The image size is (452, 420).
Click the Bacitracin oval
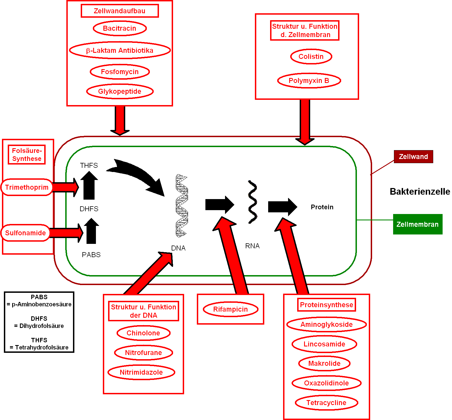[120, 28]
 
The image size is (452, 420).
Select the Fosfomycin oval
[120, 72]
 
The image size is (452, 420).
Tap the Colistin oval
[311, 56]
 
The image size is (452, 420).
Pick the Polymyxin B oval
[309, 80]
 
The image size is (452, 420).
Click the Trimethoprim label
[27, 187]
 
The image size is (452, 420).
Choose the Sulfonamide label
[25, 233]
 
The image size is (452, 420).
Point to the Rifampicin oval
[231, 309]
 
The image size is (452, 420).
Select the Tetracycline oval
[326, 403]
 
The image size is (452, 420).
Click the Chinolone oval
[143, 333]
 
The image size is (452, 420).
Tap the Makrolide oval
[324, 363]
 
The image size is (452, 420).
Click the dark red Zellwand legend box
[413, 157]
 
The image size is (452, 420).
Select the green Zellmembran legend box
[418, 224]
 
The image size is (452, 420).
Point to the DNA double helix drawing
[182, 206]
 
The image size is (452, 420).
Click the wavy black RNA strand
[253, 202]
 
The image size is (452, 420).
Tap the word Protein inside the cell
[322, 207]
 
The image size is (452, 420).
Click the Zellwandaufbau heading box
[120, 11]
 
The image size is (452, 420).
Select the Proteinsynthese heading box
[326, 305]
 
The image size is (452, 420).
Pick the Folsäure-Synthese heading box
[27, 155]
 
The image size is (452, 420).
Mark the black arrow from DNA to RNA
[220, 205]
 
